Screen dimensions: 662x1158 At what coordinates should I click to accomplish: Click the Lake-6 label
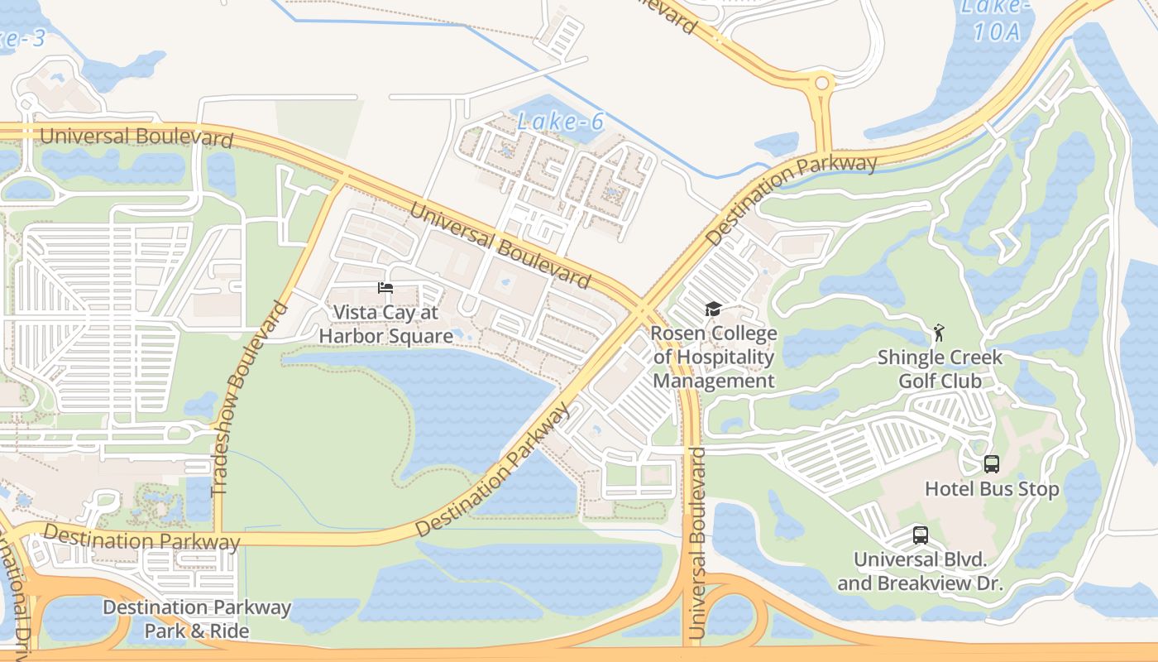tap(560, 122)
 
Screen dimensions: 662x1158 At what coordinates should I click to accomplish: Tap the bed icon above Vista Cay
tap(385, 288)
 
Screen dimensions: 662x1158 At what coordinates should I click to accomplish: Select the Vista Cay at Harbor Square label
tap(385, 324)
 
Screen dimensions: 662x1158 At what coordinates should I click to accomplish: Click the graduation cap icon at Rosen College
tap(713, 309)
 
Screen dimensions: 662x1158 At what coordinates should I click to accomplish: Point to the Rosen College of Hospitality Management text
tap(715, 357)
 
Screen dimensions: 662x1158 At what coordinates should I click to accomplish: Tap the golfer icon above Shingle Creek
tap(938, 333)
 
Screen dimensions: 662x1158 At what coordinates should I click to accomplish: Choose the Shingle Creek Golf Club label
tap(940, 369)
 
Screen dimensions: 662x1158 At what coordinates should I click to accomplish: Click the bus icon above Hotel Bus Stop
tap(992, 464)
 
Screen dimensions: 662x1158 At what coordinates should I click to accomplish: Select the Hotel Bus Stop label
tap(992, 489)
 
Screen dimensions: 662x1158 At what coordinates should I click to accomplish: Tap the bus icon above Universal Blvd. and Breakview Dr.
tap(921, 535)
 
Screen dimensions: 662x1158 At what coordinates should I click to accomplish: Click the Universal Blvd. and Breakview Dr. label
tap(920, 571)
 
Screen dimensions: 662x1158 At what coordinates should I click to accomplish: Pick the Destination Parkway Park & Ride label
tap(197, 619)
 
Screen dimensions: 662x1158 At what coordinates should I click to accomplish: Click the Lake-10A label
tap(997, 18)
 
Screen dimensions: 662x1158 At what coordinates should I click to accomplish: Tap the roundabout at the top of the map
tap(821, 83)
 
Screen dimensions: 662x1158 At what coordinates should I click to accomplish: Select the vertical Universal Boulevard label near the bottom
tap(696, 543)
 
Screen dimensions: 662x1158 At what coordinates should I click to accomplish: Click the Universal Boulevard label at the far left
tap(136, 137)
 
